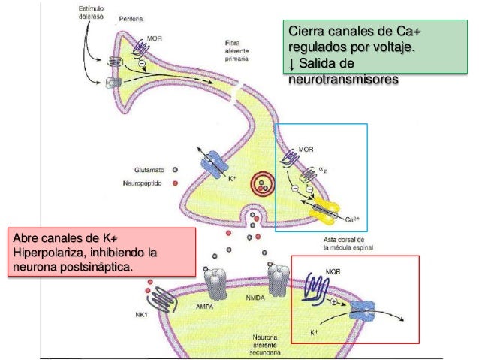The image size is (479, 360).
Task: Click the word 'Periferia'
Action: [x=132, y=17]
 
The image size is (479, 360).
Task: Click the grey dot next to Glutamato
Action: [x=176, y=169]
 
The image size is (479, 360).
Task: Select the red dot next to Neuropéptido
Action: [x=176, y=183]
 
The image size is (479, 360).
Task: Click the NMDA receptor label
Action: [x=251, y=298]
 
